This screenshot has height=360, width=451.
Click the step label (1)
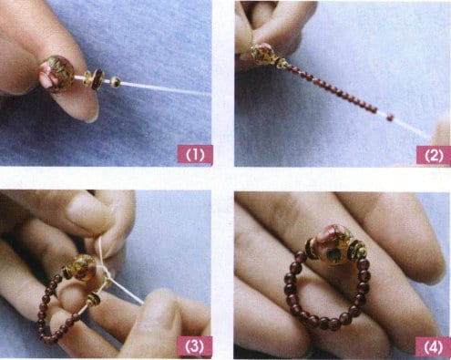point(194,155)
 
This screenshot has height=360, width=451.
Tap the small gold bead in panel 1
point(116,82)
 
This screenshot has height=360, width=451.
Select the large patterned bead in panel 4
point(333,240)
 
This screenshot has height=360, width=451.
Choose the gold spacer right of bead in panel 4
point(357,248)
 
